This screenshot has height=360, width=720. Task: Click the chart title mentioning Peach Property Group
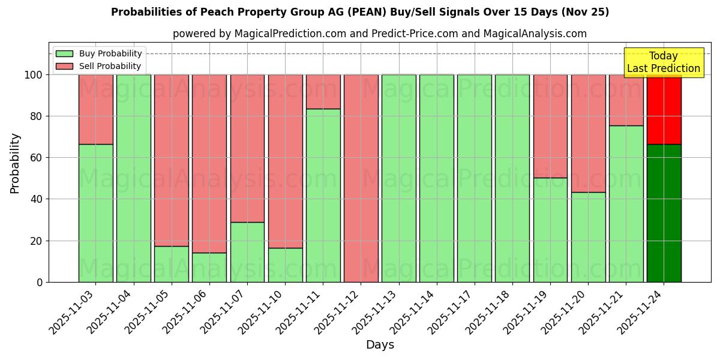click(x=360, y=12)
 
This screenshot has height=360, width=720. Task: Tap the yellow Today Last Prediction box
click(x=663, y=62)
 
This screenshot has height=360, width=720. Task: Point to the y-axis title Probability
click(x=15, y=163)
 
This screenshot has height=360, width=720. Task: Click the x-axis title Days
click(x=380, y=345)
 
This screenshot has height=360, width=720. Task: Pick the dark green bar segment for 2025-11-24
click(x=664, y=213)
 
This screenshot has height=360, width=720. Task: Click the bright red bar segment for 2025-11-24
click(x=664, y=110)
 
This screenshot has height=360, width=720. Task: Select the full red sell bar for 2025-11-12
click(x=361, y=178)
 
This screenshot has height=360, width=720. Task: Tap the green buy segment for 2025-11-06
click(x=209, y=268)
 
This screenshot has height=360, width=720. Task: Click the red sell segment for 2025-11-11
click(x=323, y=92)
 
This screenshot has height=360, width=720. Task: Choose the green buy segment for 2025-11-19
click(x=550, y=230)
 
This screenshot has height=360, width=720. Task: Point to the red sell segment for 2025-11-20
click(x=588, y=133)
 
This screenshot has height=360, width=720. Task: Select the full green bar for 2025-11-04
click(x=133, y=178)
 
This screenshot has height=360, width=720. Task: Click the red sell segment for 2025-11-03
click(x=95, y=109)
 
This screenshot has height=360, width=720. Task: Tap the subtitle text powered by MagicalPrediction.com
click(x=380, y=34)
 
